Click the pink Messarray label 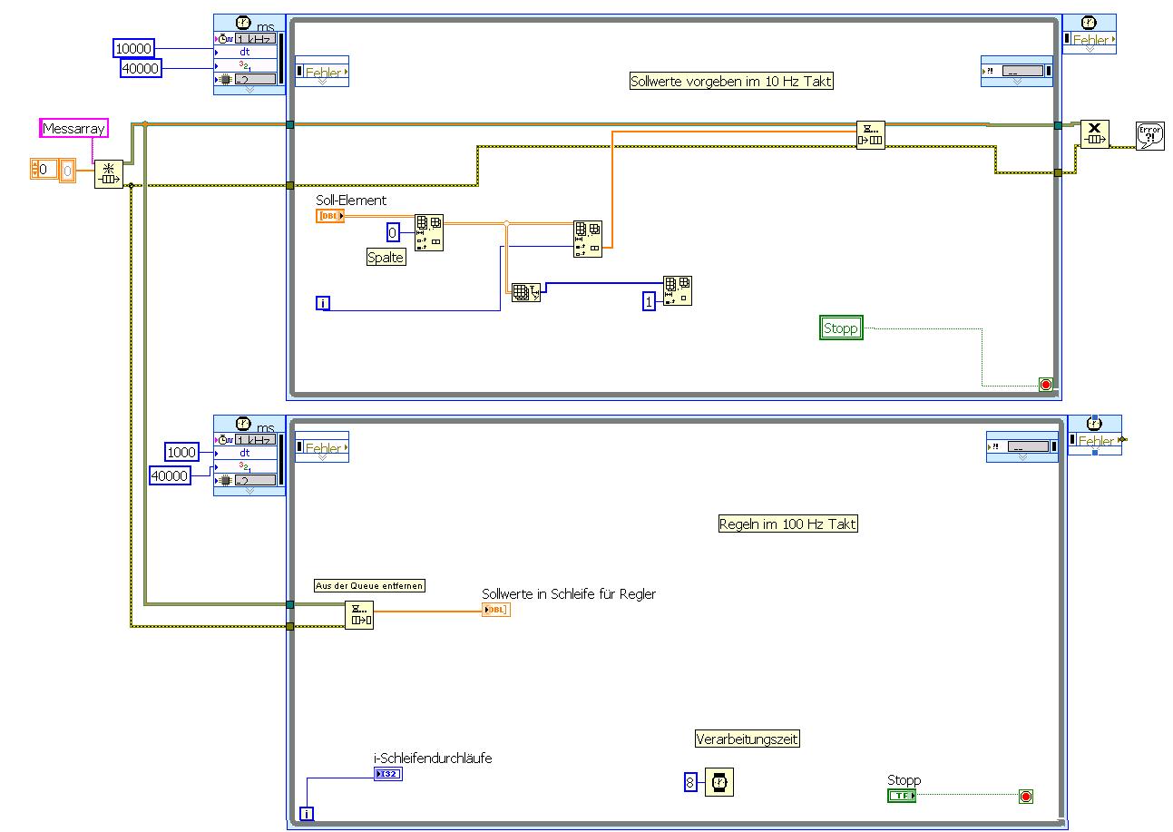(74, 129)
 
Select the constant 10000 (134, 48)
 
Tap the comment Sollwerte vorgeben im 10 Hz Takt (731, 82)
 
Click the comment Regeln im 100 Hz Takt (787, 524)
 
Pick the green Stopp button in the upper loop (841, 328)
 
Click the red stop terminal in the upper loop (1045, 385)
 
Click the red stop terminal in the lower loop (1026, 797)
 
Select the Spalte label (386, 258)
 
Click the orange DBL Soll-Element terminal (330, 216)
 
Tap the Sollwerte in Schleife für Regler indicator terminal (496, 610)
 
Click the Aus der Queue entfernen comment (369, 586)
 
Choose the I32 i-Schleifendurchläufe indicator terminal (387, 774)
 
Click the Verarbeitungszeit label (748, 739)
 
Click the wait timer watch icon (719, 781)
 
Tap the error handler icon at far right (1149, 136)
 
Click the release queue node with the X (1094, 134)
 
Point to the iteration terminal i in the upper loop (323, 303)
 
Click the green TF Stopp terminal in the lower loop (902, 796)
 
